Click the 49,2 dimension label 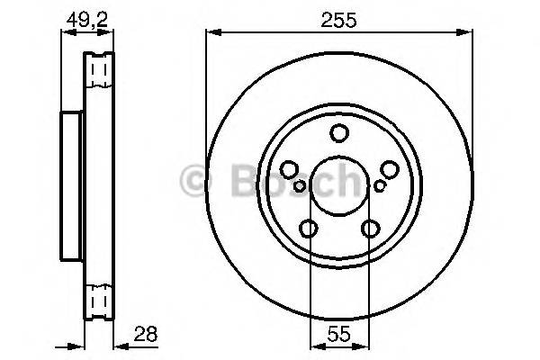tap(87, 16)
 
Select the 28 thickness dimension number tap(145, 332)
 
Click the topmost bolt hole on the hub tap(339, 134)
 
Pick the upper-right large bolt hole tap(389, 169)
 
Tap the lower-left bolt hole tap(309, 229)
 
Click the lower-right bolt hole tap(370, 229)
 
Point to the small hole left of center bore tap(299, 186)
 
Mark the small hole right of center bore tap(380, 186)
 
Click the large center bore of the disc tap(339, 187)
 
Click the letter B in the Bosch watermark tap(235, 182)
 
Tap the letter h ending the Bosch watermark tap(347, 182)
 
